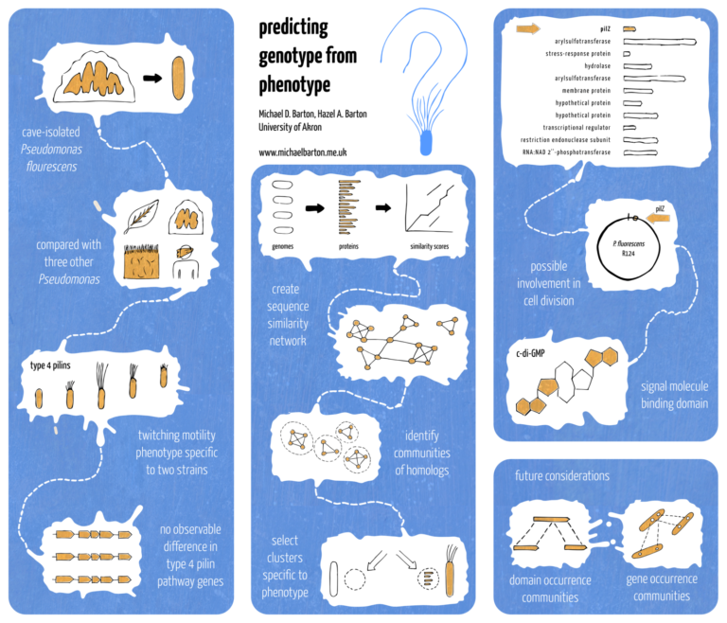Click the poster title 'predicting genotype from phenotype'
pos(294,57)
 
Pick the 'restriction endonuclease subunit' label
pos(568,139)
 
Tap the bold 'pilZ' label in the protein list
pos(603,29)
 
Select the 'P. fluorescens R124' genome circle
pos(622,249)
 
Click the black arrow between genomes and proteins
pos(312,205)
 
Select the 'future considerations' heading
pos(562,475)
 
